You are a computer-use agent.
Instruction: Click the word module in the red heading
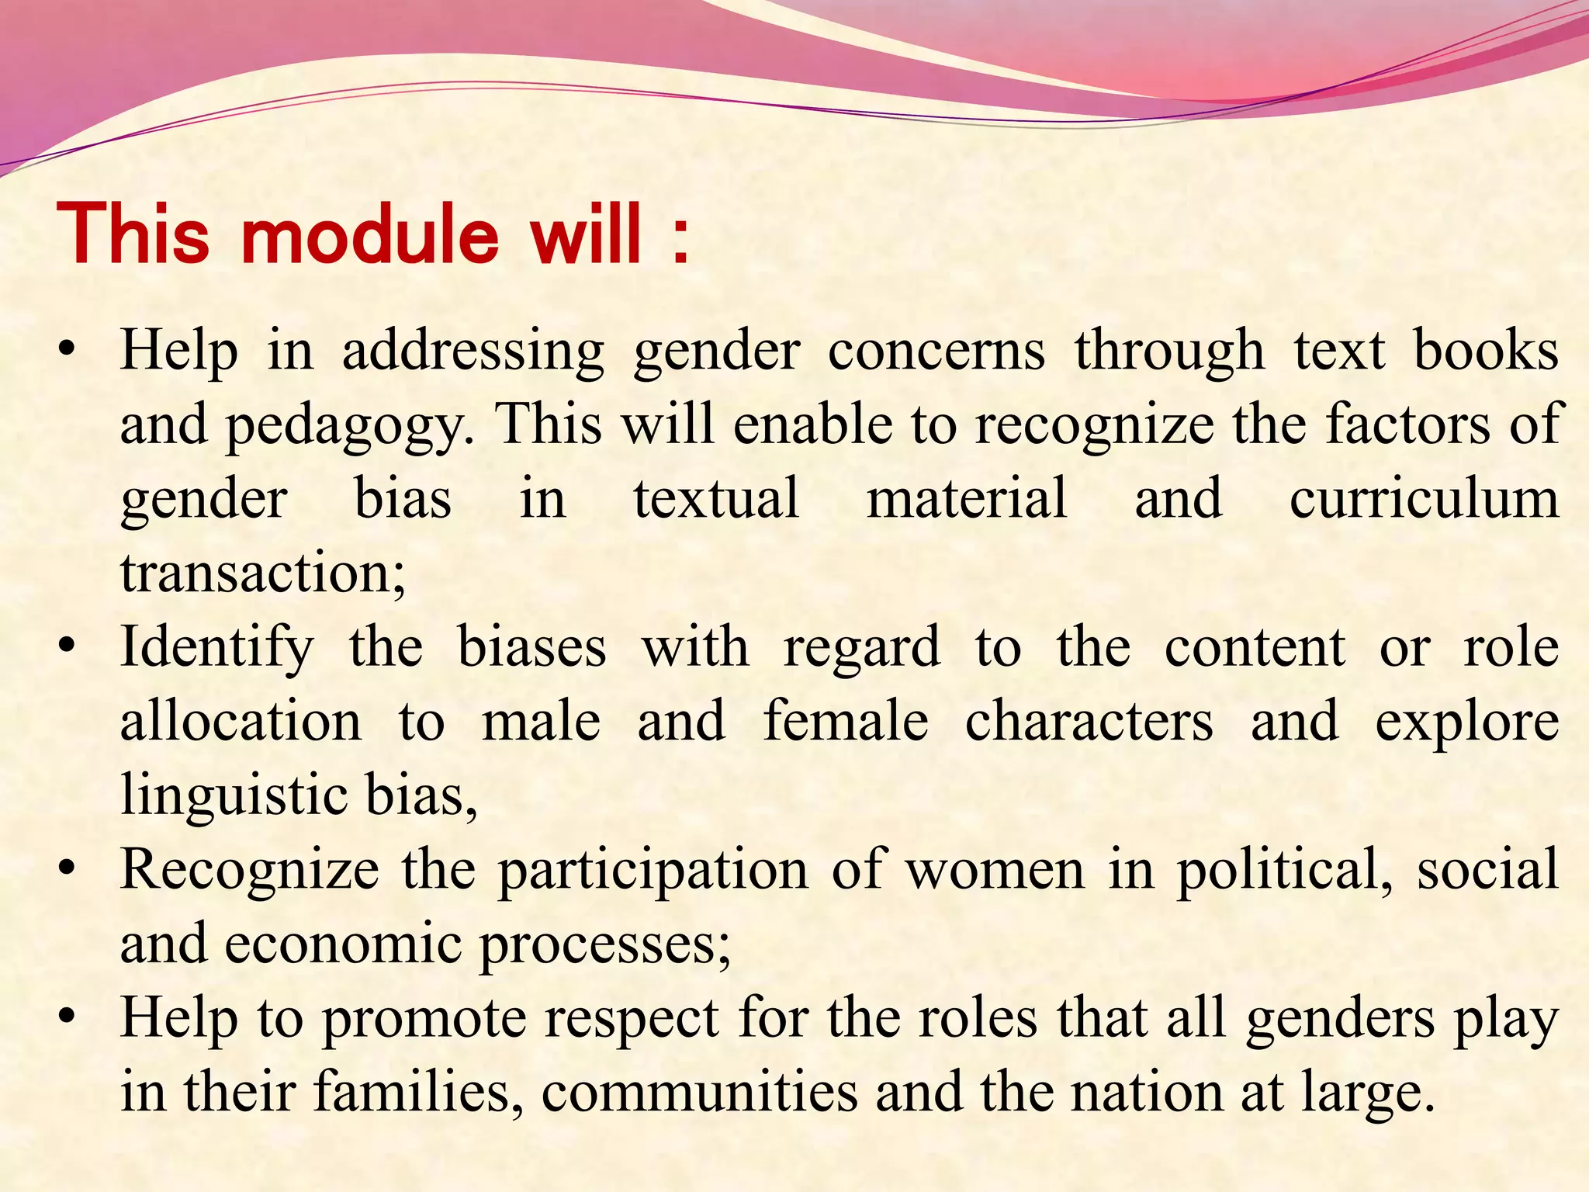370,234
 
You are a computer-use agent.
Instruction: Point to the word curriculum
1424,498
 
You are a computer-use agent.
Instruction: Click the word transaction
262,573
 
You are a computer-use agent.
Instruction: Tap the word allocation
241,721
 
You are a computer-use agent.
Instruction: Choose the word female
846,721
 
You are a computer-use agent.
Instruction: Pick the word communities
699,1093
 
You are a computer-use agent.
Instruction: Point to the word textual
716,498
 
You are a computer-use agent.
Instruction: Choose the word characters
1089,721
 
